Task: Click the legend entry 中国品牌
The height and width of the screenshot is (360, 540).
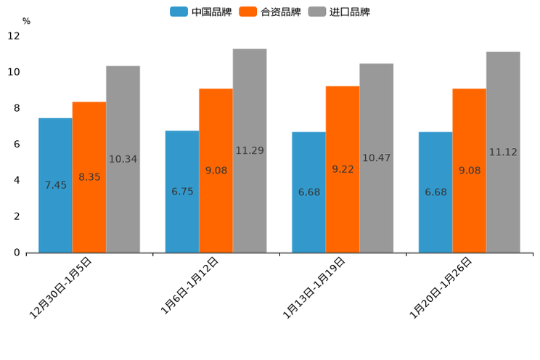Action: point(201,12)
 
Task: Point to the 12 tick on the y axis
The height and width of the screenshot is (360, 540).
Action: point(15,36)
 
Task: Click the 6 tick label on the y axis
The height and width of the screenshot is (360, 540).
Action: point(16,144)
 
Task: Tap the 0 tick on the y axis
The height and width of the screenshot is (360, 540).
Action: point(16,253)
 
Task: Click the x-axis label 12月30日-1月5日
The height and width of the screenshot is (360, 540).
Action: point(61,287)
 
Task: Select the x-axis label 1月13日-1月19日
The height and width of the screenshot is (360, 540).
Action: point(314,287)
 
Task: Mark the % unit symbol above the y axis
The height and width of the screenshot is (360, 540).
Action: point(26,22)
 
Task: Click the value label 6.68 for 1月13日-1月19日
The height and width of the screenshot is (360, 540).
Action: point(309,192)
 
